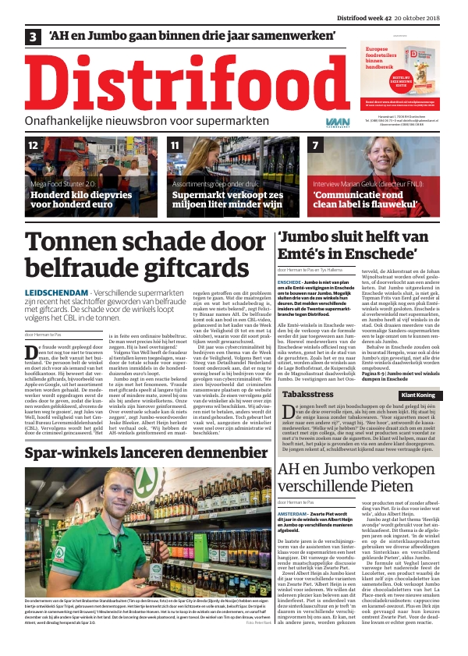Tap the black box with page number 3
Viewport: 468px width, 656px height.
[34, 37]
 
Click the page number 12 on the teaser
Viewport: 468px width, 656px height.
[34, 146]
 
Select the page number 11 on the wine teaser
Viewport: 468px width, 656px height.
[175, 146]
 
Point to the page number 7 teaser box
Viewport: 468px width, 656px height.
[315, 146]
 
